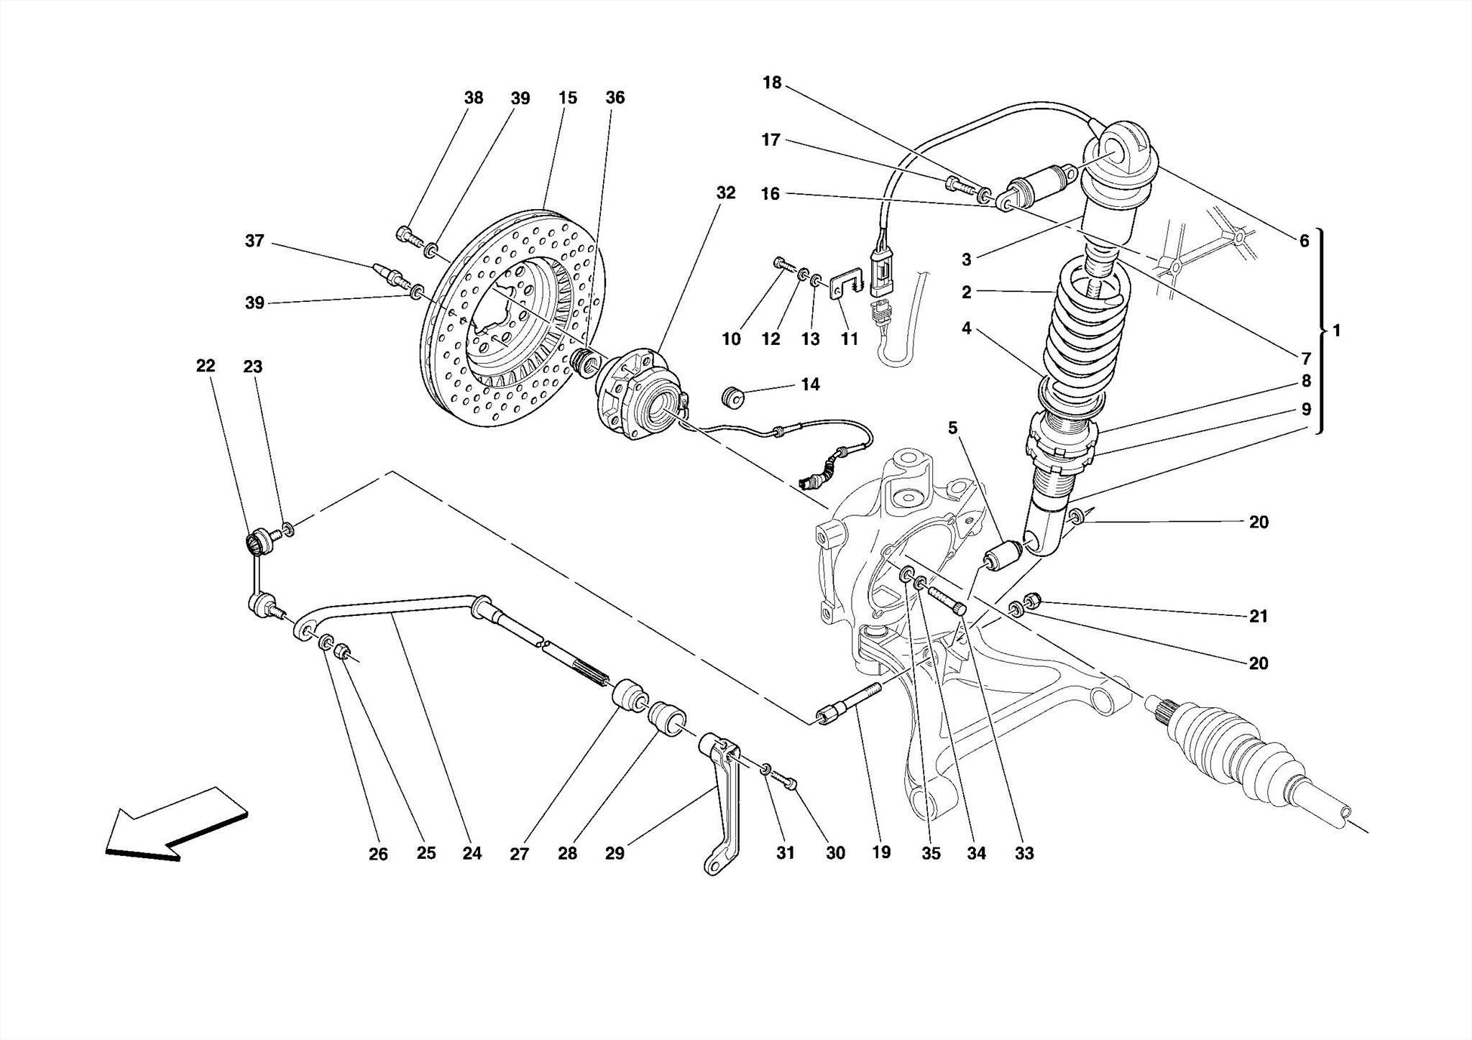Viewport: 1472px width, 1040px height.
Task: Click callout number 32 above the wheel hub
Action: click(725, 193)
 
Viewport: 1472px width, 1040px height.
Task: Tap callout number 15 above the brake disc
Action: click(567, 98)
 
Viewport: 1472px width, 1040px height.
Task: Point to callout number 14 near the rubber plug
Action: click(810, 385)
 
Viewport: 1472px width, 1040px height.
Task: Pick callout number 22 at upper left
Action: click(206, 366)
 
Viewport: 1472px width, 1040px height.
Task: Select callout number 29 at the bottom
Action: click(615, 853)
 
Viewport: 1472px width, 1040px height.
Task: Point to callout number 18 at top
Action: click(771, 83)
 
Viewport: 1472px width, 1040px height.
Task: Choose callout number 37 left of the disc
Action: click(254, 241)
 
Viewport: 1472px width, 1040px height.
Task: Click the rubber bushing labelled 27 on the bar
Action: click(630, 694)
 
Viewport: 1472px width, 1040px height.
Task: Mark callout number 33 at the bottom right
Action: click(1023, 853)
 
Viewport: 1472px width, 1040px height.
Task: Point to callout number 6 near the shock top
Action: click(1304, 241)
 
